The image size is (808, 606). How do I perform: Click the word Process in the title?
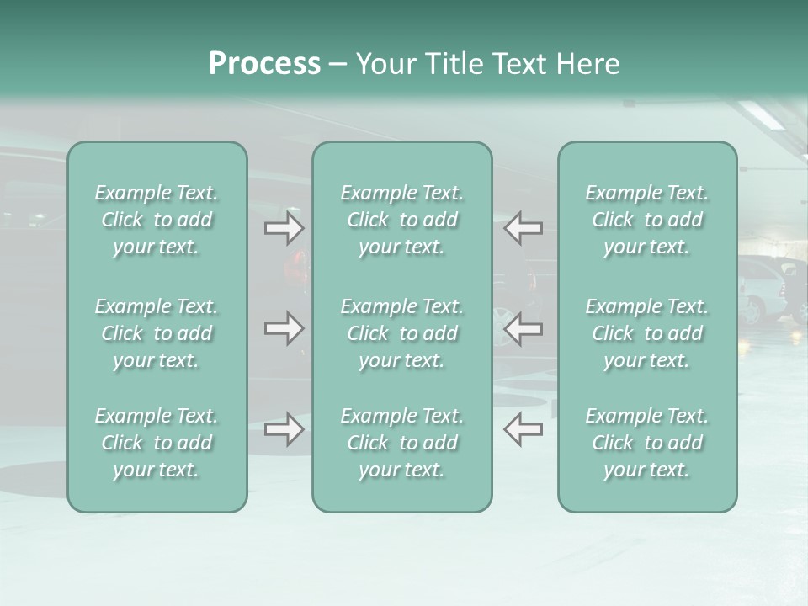coord(264,64)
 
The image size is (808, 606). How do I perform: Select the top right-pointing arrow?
coord(284,228)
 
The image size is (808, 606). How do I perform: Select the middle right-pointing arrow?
coord(284,328)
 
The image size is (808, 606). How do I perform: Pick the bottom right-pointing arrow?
coord(284,429)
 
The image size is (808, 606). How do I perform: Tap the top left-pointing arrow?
coord(523,228)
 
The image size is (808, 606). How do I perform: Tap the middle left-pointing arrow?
coord(523,328)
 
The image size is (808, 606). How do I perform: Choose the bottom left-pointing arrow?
coord(523,429)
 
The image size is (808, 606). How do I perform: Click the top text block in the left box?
coord(157,220)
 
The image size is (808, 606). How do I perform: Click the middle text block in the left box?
coord(157,333)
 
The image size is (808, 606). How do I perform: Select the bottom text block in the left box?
coord(157,443)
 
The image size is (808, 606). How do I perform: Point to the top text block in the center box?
coord(401,220)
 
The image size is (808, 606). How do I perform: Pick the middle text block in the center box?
coord(401,333)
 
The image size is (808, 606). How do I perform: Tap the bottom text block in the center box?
coord(401,443)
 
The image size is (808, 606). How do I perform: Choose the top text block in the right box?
coord(646,220)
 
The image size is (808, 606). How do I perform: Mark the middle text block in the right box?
coord(646,333)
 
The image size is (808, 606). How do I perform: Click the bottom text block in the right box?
coord(646,443)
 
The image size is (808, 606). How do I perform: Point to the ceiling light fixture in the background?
coord(761,114)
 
